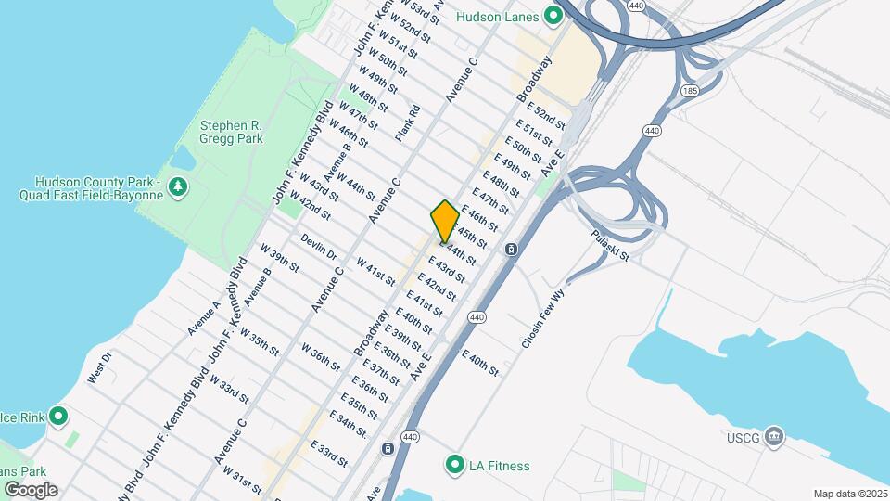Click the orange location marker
click(445, 221)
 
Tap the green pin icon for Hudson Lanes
click(553, 16)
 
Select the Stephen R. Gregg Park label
click(232, 132)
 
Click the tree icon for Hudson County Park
click(178, 188)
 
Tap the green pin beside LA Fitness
click(454, 465)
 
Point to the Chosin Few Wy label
click(543, 318)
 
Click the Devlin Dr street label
click(319, 246)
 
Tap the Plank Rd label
click(408, 122)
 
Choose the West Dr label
click(99, 368)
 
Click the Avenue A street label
click(204, 318)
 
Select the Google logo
click(31, 489)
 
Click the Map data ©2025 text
click(849, 494)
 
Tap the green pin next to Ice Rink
click(59, 416)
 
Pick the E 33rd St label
click(329, 454)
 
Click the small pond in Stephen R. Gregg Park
click(182, 160)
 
